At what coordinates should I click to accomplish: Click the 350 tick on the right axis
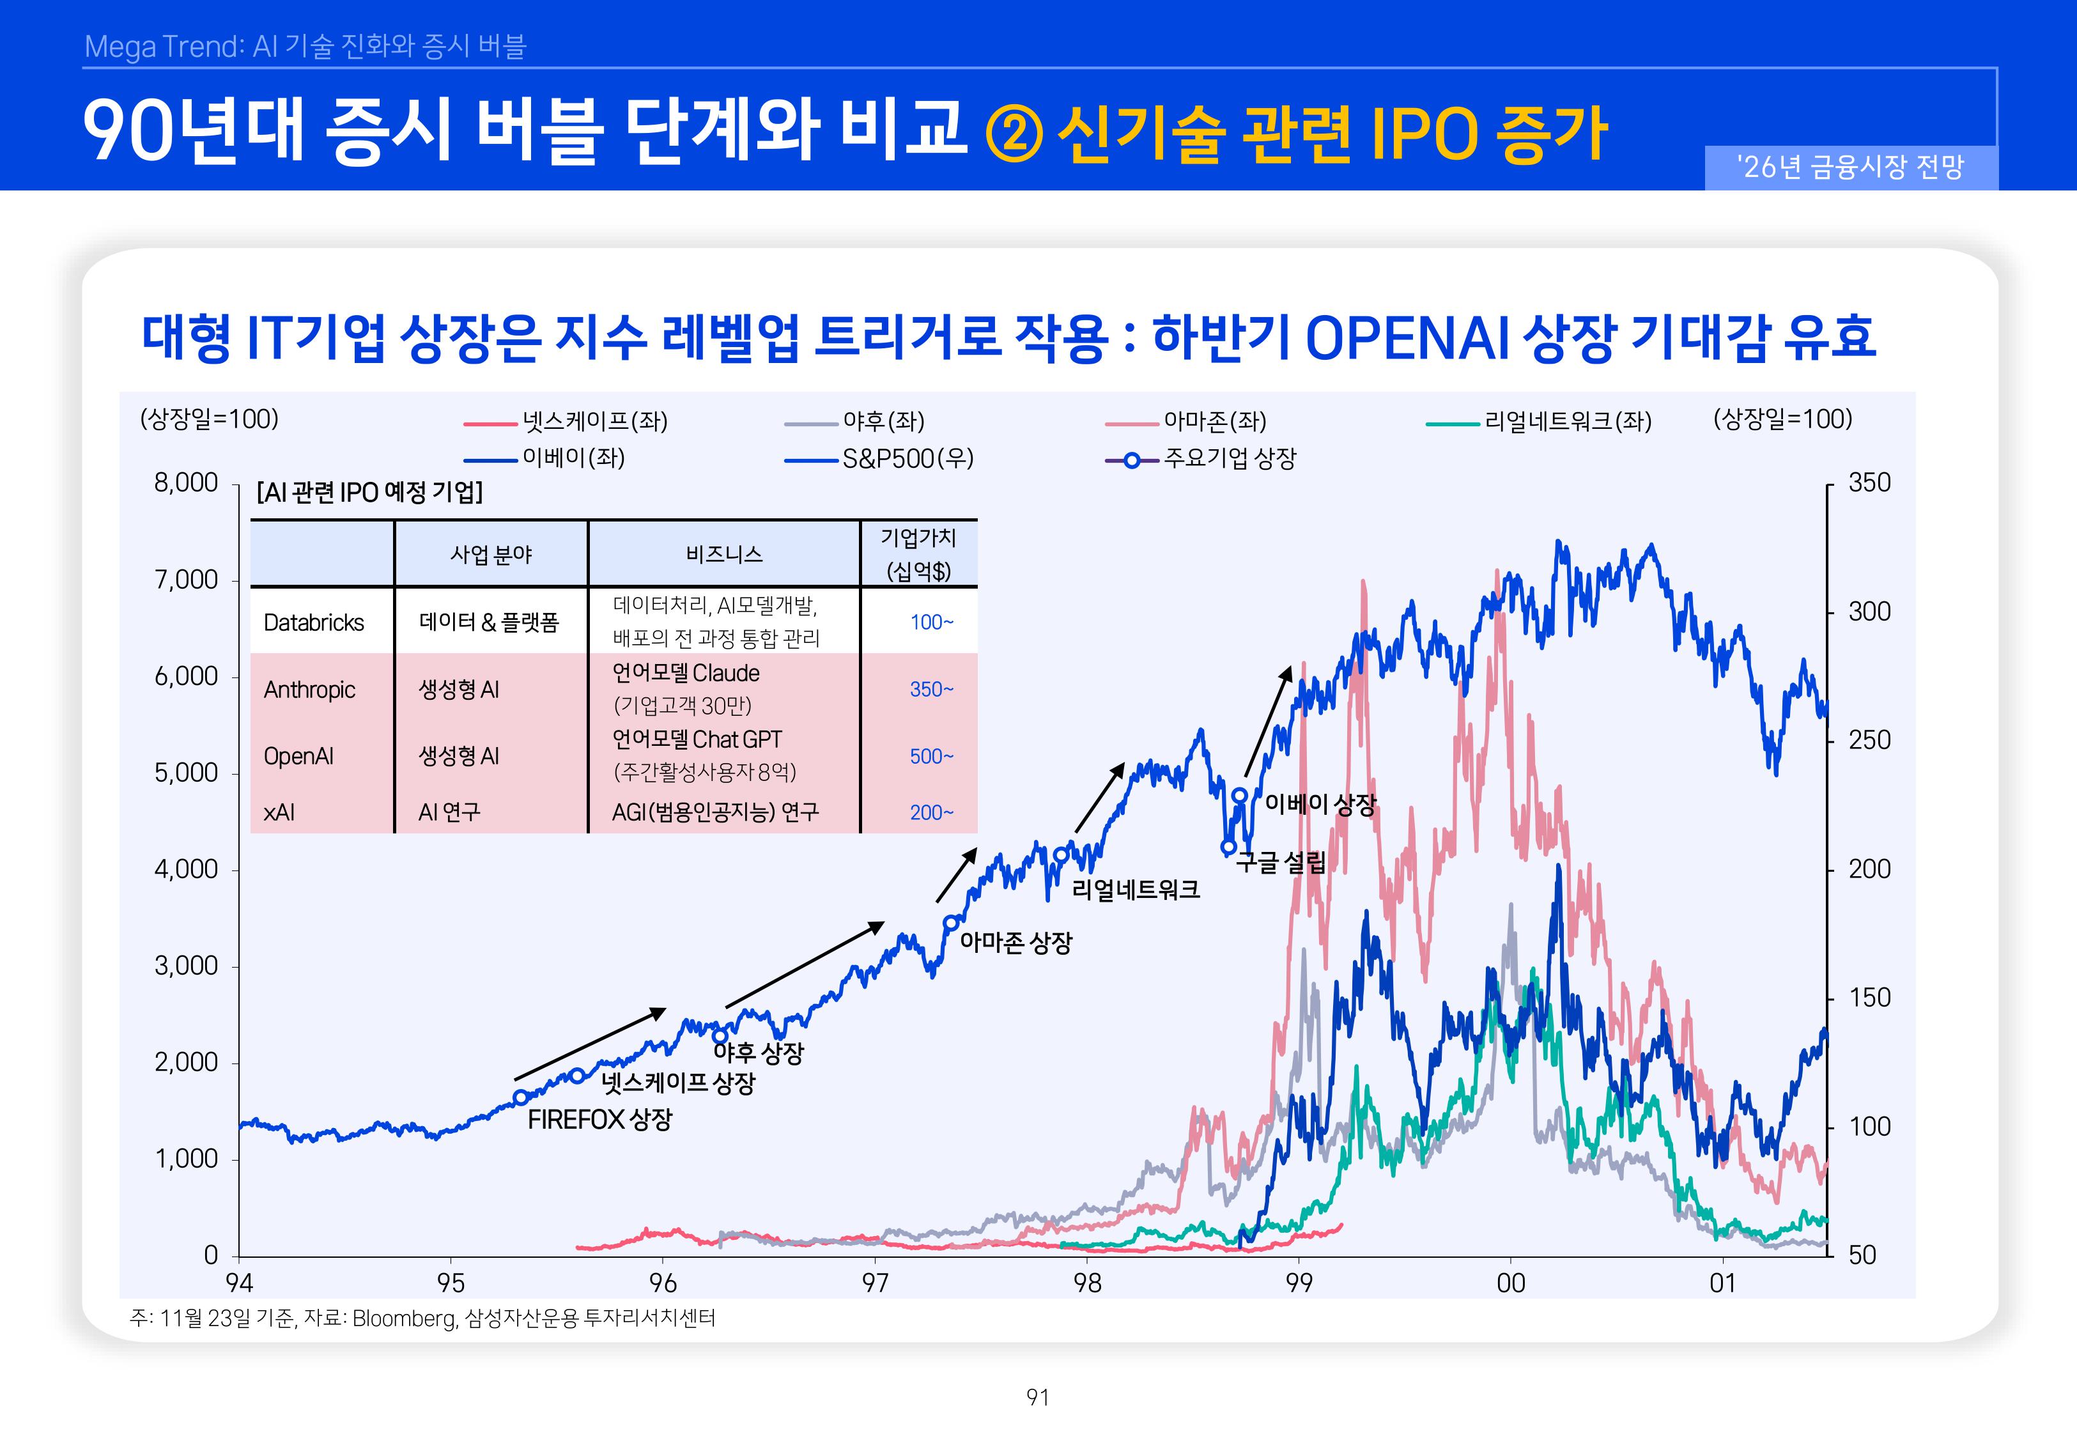1869,483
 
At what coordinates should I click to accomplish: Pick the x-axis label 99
1299,1283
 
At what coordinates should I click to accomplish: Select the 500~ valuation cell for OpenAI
930,756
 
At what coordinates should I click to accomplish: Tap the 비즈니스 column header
723,554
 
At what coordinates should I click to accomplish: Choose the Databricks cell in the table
313,622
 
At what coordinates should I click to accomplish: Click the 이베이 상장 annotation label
1320,804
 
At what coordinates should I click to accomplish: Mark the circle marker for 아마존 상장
950,923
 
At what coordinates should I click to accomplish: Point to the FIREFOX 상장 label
600,1120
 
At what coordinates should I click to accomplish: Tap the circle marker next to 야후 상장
720,1036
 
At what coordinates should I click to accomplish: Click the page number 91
1038,1398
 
